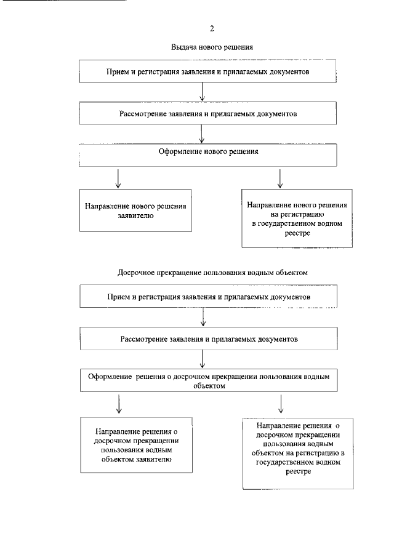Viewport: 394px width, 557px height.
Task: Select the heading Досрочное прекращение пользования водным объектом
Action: click(211, 272)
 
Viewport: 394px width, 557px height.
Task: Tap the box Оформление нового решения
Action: click(209, 154)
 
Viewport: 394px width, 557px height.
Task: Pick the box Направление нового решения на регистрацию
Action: click(297, 218)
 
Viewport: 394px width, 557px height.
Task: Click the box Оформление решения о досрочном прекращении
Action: click(209, 381)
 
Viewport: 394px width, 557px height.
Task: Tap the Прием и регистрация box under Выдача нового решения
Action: click(209, 71)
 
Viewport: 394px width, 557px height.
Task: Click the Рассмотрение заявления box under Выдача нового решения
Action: click(209, 114)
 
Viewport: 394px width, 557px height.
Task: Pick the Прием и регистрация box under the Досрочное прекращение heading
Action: click(209, 297)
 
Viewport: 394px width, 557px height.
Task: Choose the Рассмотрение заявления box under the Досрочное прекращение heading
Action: click(209, 339)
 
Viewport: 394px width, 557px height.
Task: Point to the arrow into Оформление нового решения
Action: click(203, 134)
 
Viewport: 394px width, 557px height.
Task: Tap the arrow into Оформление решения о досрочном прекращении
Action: click(203, 359)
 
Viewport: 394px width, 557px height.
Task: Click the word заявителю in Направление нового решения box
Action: click(135, 217)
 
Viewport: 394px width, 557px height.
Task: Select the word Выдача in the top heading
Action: click(183, 47)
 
